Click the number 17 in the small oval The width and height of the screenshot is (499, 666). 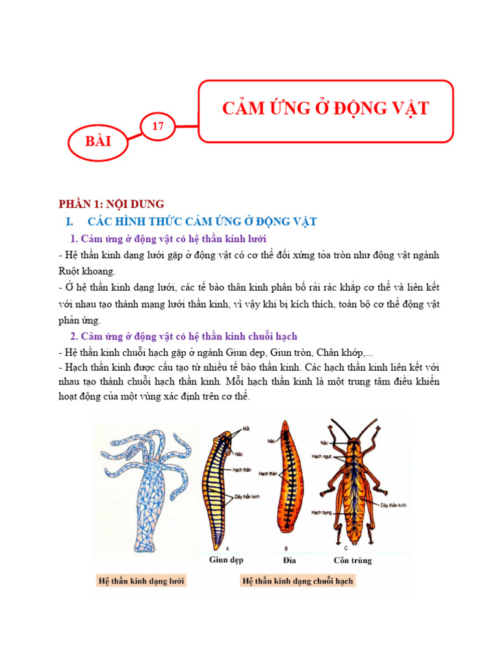(x=158, y=126)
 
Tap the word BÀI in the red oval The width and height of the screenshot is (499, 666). (x=98, y=141)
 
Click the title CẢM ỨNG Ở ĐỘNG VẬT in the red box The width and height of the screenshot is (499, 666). (x=326, y=109)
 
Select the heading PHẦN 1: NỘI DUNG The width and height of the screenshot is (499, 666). (x=112, y=204)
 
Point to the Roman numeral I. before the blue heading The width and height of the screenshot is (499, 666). (x=70, y=222)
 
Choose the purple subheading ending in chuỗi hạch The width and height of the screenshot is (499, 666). (x=183, y=336)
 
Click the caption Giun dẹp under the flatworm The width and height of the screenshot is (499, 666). (x=226, y=560)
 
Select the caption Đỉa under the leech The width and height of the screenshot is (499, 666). (x=289, y=561)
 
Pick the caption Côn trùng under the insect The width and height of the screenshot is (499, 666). (x=353, y=561)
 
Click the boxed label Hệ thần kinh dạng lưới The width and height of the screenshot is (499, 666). (x=141, y=581)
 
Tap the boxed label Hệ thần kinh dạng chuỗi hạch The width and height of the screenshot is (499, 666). (x=298, y=581)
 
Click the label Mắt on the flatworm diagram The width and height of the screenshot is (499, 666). (x=246, y=429)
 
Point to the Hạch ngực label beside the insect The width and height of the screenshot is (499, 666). (x=322, y=457)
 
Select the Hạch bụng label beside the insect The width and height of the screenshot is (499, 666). (x=321, y=513)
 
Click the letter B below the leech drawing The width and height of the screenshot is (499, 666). (x=286, y=548)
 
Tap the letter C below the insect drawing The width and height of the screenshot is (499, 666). (x=346, y=548)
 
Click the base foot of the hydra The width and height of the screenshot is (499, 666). (x=145, y=545)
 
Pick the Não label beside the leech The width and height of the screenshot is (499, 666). (x=271, y=442)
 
